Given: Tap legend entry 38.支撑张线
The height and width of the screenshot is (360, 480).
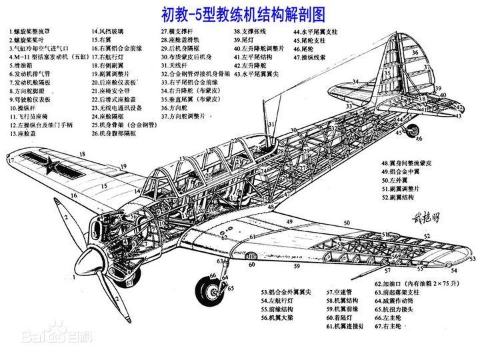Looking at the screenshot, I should tap(250, 31).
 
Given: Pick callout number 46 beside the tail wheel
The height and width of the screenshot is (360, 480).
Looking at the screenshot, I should tap(419, 139).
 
